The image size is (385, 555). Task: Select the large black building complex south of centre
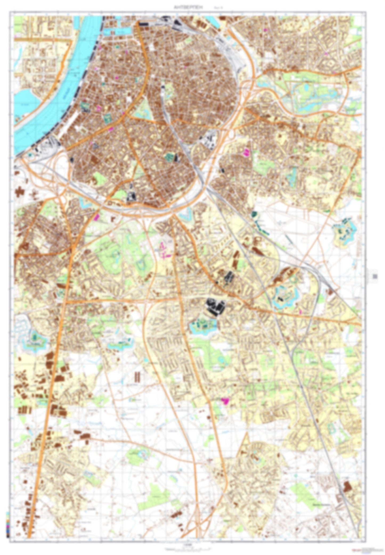tap(216, 306)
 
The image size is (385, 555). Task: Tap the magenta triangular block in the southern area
tap(225, 401)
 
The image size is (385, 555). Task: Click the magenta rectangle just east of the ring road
tap(247, 152)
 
